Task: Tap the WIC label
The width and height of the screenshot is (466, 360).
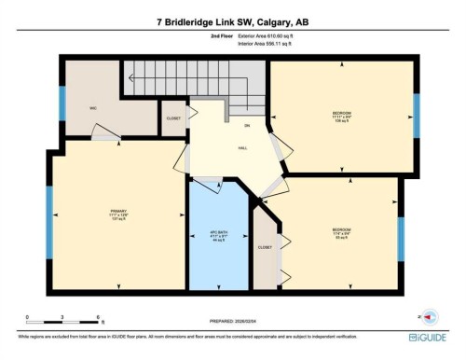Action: tap(94, 108)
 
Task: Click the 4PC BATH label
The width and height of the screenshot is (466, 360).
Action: tap(217, 234)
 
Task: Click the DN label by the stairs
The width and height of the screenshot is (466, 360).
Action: tap(247, 126)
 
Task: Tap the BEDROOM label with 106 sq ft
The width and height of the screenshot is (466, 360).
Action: tap(341, 117)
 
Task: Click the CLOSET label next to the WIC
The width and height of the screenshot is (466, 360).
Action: tap(173, 119)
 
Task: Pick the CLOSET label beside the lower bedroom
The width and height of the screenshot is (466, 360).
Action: tap(265, 247)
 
